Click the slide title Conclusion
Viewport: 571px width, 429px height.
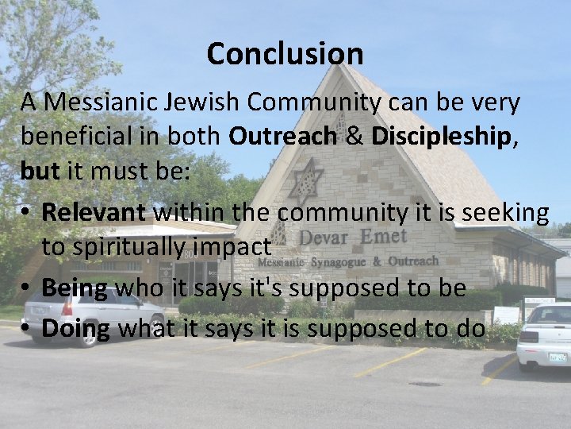click(285, 54)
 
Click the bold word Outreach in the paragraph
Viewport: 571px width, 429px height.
click(282, 136)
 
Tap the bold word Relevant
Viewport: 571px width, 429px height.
click(94, 212)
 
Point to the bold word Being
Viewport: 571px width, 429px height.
click(75, 288)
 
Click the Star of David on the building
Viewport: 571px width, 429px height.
click(306, 180)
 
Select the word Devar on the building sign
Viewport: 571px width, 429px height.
click(324, 238)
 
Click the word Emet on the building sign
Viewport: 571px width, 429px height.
click(383, 236)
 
